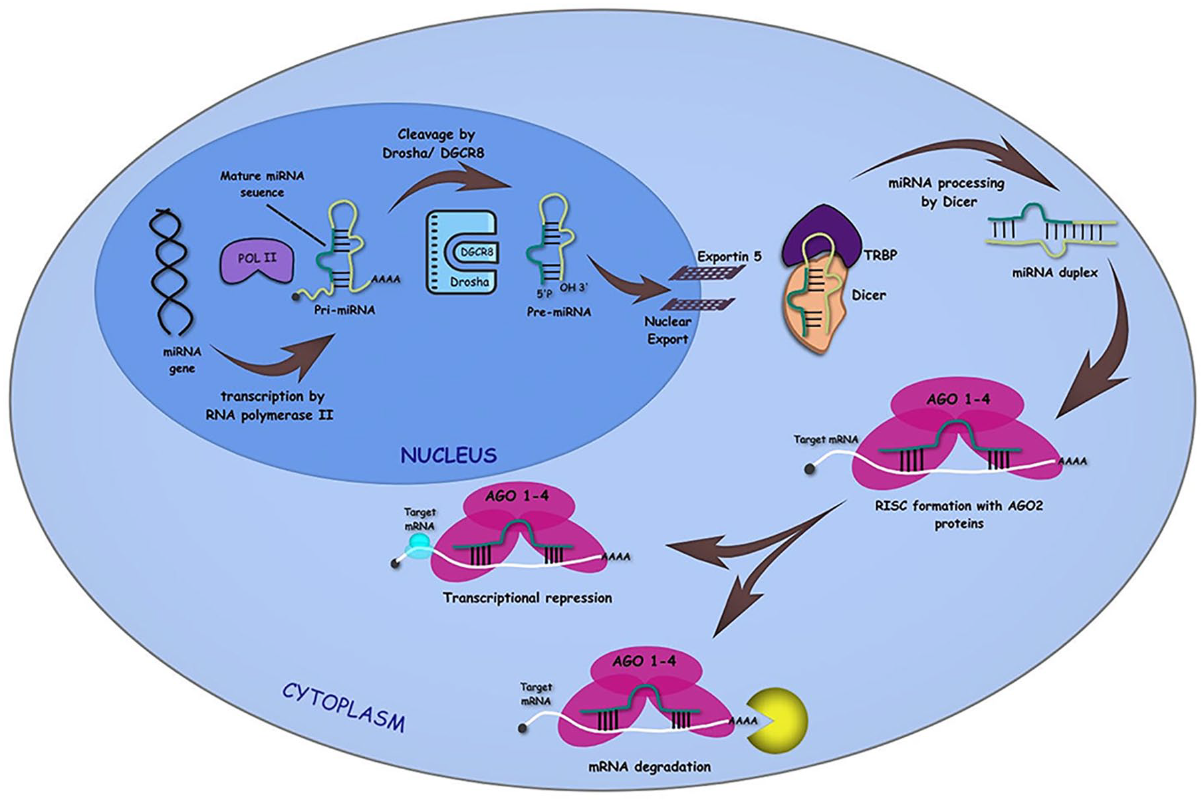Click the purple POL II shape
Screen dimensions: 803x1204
257,261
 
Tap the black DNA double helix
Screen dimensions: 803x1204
171,273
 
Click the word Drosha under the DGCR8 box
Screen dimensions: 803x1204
469,282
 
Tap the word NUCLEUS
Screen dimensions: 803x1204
449,455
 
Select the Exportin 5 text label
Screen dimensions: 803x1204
729,257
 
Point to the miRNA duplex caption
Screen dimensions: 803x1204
1054,273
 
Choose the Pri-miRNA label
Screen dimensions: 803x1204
344,310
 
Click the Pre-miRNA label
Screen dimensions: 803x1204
558,312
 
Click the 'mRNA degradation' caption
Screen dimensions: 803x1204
650,767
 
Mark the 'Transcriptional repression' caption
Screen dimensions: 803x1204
527,598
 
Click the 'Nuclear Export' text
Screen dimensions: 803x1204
667,330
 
